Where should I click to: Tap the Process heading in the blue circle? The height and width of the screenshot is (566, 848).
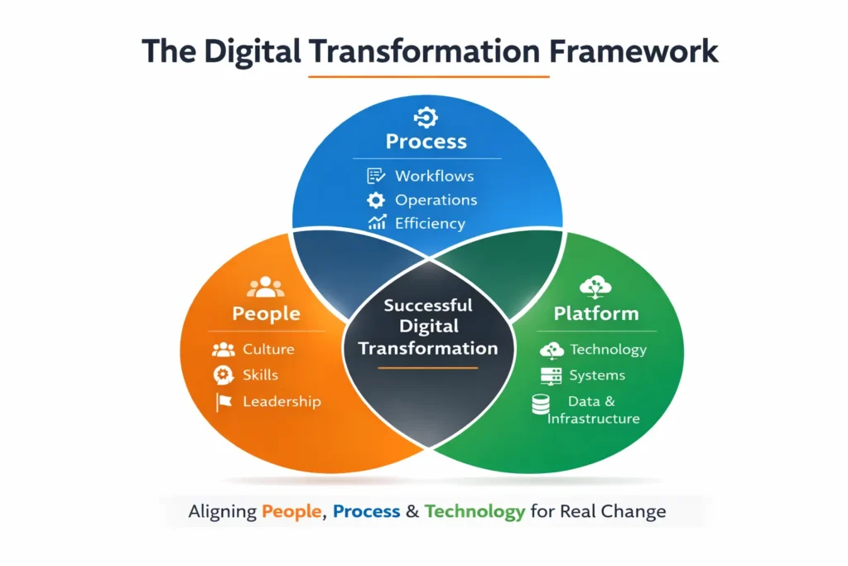point(426,142)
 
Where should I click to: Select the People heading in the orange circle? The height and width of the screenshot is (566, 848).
point(266,313)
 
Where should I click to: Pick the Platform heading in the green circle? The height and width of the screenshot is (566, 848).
point(596,313)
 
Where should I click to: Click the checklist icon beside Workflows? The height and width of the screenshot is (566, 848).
point(376,176)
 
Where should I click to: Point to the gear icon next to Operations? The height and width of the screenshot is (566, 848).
point(376,200)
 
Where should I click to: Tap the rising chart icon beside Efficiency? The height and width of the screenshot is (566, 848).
point(377,223)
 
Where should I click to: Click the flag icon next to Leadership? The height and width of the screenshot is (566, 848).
point(224,402)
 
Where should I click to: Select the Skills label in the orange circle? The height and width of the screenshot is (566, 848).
point(260,375)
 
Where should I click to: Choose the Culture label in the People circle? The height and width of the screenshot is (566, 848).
point(268,350)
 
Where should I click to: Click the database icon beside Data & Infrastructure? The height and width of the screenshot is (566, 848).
point(540,404)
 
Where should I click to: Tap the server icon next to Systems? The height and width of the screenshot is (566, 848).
point(551,375)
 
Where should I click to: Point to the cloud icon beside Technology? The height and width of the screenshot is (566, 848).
point(552,350)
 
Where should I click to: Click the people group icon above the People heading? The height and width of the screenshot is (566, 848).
point(265,288)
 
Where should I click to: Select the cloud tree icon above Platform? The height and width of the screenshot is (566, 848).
point(596,287)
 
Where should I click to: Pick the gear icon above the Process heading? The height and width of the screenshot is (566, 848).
point(426,116)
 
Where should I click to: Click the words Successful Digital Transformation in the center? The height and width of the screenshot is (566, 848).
point(428,327)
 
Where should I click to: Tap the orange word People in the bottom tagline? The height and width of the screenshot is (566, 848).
point(291,511)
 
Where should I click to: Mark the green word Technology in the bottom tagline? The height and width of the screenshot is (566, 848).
point(475,511)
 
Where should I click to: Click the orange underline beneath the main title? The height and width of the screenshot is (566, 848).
point(428,77)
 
